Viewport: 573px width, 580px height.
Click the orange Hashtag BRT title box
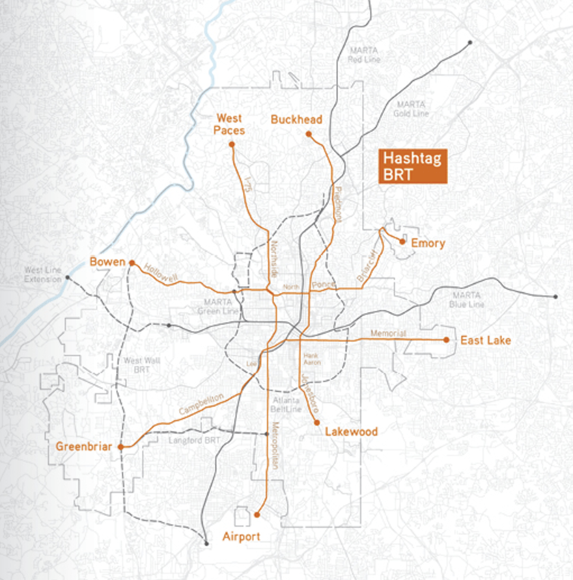[413, 166]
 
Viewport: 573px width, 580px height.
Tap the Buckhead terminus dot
[309, 135]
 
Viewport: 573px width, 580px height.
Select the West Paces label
[230, 124]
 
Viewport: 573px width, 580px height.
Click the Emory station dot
[402, 241]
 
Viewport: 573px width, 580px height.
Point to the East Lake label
[485, 340]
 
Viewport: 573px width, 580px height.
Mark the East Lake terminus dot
[446, 339]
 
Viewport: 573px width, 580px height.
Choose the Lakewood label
[351, 432]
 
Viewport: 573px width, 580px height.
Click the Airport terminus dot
[257, 514]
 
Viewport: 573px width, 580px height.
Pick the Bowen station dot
[132, 263]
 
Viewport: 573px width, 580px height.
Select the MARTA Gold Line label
[411, 109]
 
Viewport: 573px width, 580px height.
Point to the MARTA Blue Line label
[467, 300]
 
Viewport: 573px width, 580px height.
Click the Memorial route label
[388, 334]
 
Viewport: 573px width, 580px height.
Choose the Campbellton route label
[201, 404]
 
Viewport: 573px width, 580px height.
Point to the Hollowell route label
[161, 273]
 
